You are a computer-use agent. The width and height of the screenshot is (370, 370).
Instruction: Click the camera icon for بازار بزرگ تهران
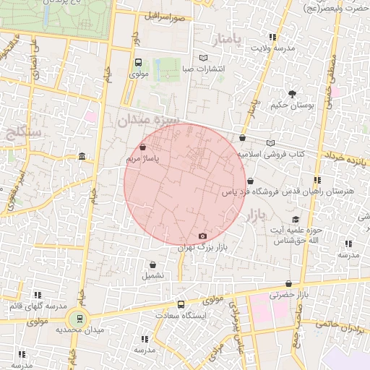[202, 236]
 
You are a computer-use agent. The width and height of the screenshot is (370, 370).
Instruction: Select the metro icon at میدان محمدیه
[78, 318]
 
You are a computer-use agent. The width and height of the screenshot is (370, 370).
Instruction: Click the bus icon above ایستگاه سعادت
[181, 305]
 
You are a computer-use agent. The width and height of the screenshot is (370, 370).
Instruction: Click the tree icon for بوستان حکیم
[292, 94]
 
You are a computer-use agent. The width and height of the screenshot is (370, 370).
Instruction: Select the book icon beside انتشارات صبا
[204, 58]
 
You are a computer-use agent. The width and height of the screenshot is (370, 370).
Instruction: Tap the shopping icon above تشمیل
[152, 264]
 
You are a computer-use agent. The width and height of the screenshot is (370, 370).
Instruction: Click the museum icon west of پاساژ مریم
[82, 157]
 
